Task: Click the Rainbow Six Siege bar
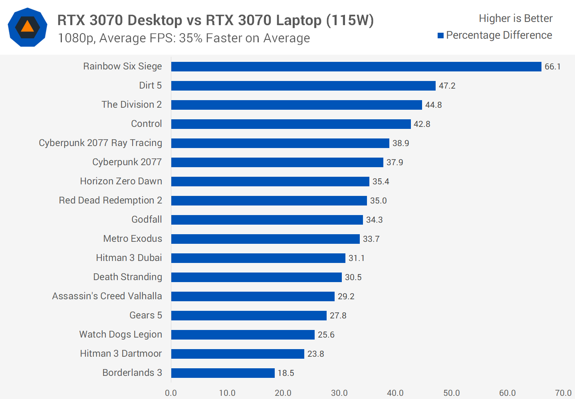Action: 356,67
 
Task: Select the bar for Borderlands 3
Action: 223,373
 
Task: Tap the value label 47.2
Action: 447,86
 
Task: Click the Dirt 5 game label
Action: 150,85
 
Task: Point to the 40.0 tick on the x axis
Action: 395,393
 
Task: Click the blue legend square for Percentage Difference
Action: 441,36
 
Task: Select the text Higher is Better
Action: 515,18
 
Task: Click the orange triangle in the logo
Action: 27,27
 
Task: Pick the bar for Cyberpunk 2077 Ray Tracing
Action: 280,143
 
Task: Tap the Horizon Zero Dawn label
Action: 121,181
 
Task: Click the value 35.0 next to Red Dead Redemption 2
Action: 378,201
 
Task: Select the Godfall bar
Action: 267,220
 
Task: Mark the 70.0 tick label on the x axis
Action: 563,393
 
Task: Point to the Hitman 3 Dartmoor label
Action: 121,354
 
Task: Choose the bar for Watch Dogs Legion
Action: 243,335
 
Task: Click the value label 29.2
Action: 346,296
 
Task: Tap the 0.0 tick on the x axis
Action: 171,393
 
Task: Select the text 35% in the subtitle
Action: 190,38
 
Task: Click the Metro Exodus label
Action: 133,239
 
